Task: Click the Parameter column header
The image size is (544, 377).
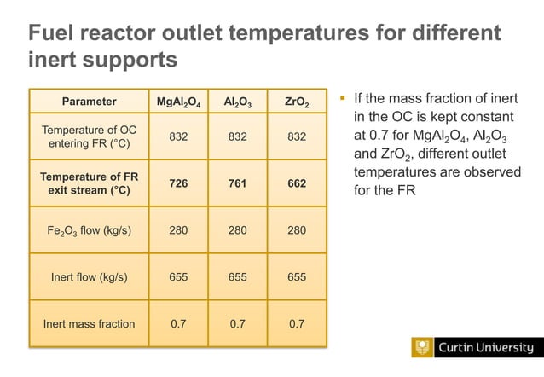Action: point(89,101)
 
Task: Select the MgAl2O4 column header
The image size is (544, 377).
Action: point(178,102)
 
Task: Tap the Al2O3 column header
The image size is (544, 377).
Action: point(238,102)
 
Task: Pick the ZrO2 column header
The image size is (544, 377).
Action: point(296,102)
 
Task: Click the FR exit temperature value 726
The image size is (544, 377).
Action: point(178,183)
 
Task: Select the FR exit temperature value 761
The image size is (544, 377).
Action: point(238,183)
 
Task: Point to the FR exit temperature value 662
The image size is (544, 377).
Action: point(296,183)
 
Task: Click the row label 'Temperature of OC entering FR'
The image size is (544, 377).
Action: point(89,136)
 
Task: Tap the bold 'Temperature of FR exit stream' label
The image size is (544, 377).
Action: point(89,183)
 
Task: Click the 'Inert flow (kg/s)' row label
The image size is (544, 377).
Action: point(89,276)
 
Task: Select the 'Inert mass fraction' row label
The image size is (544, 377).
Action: point(89,323)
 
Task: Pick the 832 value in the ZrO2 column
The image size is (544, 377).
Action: point(296,136)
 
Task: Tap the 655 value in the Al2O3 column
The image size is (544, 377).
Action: point(238,276)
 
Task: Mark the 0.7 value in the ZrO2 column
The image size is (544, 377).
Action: point(296,323)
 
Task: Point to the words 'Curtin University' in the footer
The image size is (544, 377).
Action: point(485,348)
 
